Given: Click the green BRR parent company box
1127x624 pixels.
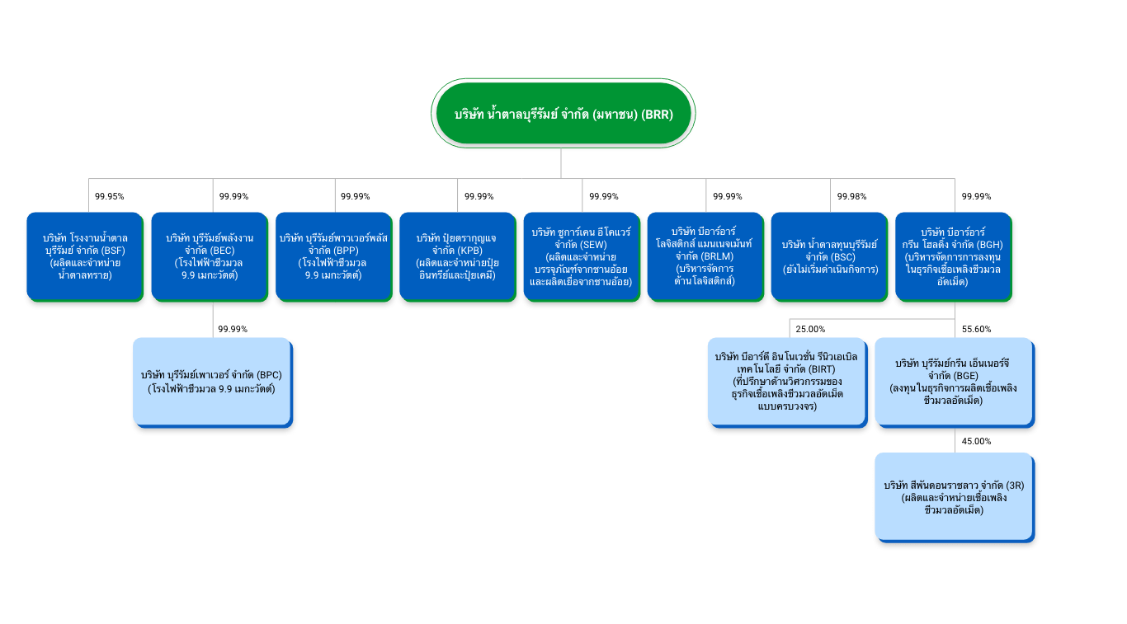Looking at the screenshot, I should (x=563, y=114).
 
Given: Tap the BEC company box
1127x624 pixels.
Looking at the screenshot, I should (x=210, y=256).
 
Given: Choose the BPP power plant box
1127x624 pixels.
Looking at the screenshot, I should (x=333, y=256).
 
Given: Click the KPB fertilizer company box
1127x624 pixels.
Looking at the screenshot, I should (x=457, y=256).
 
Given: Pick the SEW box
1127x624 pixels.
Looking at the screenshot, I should (x=581, y=256).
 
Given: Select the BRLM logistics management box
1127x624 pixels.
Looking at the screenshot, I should (x=705, y=256).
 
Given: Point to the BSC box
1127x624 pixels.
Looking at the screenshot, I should (x=830, y=256).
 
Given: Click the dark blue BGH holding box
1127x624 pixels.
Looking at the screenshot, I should (x=954, y=256).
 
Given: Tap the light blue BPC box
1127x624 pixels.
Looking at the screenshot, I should (x=212, y=382).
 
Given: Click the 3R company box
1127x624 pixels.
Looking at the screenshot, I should (x=954, y=497).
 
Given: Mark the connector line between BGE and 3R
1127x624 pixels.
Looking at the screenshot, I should (x=955, y=440).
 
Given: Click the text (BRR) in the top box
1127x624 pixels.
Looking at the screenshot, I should (x=658, y=115).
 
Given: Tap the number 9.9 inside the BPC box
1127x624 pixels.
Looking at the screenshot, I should (x=222, y=388).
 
